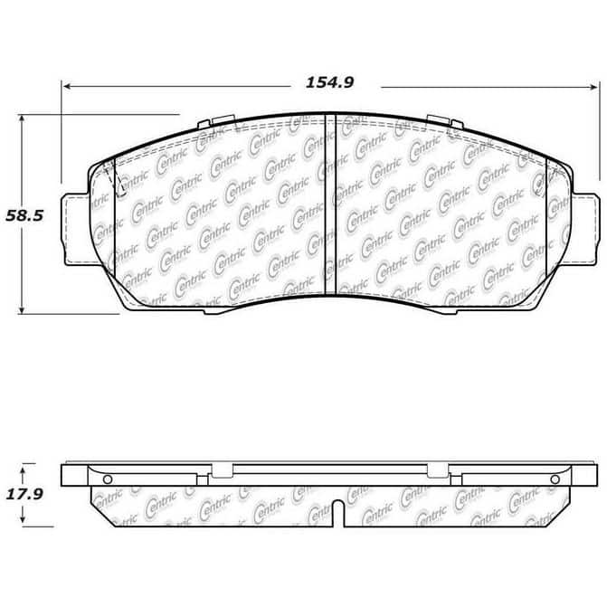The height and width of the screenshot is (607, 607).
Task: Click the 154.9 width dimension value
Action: [x=329, y=82]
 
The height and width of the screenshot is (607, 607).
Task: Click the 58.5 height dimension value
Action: [x=24, y=215]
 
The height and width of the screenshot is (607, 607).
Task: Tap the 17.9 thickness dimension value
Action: [x=24, y=494]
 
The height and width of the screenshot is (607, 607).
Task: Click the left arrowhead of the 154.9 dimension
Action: [x=67, y=86]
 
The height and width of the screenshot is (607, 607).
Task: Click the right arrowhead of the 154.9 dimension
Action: [x=593, y=87]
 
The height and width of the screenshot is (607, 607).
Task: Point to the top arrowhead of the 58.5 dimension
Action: [x=22, y=119]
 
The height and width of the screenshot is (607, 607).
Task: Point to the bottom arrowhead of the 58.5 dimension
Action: [x=22, y=308]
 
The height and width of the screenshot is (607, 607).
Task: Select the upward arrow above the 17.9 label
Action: [x=23, y=473]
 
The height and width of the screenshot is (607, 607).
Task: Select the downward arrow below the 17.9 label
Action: [x=23, y=516]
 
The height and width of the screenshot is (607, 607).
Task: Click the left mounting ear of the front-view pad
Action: [x=76, y=229]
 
